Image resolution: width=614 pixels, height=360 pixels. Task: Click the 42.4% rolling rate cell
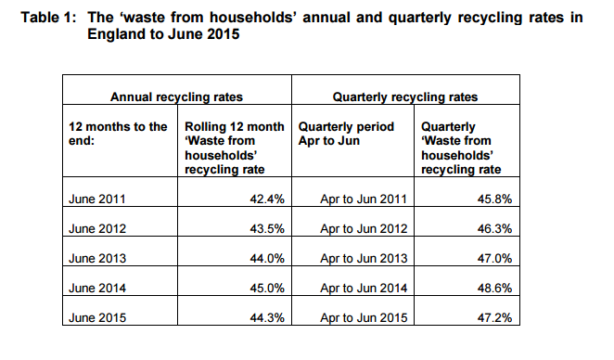pyautogui.click(x=266, y=199)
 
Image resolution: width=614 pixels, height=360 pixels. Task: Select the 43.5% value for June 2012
pyautogui.click(x=266, y=228)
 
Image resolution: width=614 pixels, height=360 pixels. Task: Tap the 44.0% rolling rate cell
pyautogui.click(x=266, y=258)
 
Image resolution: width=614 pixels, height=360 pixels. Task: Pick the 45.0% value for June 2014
pyautogui.click(x=266, y=288)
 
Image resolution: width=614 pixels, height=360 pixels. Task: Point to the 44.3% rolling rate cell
pyautogui.click(x=266, y=317)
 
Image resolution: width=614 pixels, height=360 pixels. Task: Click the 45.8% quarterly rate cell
pyautogui.click(x=493, y=199)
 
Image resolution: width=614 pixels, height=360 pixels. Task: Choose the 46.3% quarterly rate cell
pyautogui.click(x=493, y=228)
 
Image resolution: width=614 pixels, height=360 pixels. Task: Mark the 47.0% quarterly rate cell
pyautogui.click(x=493, y=258)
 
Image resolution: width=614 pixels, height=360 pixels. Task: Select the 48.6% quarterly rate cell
pyautogui.click(x=493, y=288)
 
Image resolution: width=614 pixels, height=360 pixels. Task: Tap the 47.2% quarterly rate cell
pyautogui.click(x=493, y=317)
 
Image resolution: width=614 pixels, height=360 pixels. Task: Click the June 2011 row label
pyautogui.click(x=96, y=199)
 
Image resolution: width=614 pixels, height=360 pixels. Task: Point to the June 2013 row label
pyautogui.click(x=96, y=258)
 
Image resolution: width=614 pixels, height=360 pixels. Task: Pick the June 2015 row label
pyautogui.click(x=96, y=317)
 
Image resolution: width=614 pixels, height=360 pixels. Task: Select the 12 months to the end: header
pyautogui.click(x=117, y=134)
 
